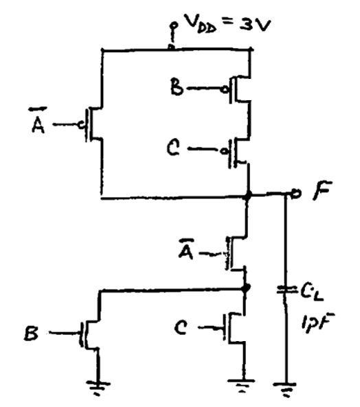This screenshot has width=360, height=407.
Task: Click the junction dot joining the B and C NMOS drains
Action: click(246, 288)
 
